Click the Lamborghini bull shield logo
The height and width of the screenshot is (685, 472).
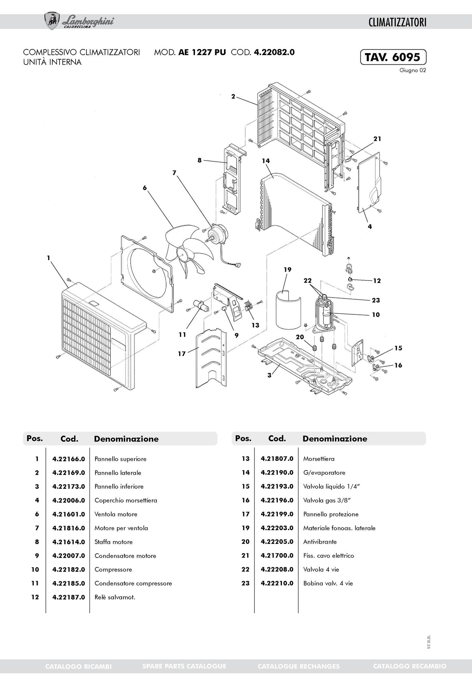click(52, 21)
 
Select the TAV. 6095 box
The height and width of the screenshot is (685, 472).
click(393, 57)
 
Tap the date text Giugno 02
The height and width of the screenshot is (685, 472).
click(412, 71)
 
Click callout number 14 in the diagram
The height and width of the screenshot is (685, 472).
click(266, 161)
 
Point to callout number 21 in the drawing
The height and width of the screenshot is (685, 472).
click(377, 139)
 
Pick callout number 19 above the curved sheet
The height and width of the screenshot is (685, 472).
click(287, 270)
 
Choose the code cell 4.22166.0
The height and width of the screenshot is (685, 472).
click(68, 459)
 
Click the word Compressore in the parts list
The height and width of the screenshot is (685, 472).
click(113, 570)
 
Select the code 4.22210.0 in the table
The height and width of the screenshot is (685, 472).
click(277, 583)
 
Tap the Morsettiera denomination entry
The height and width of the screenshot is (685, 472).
click(319, 459)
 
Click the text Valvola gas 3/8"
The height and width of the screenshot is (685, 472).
click(327, 500)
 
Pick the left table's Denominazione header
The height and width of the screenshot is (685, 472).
click(126, 439)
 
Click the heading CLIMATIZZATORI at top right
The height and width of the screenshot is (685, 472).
click(397, 23)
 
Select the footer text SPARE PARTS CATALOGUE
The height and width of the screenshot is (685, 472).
click(184, 666)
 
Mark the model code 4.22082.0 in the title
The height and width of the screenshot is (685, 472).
click(274, 52)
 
